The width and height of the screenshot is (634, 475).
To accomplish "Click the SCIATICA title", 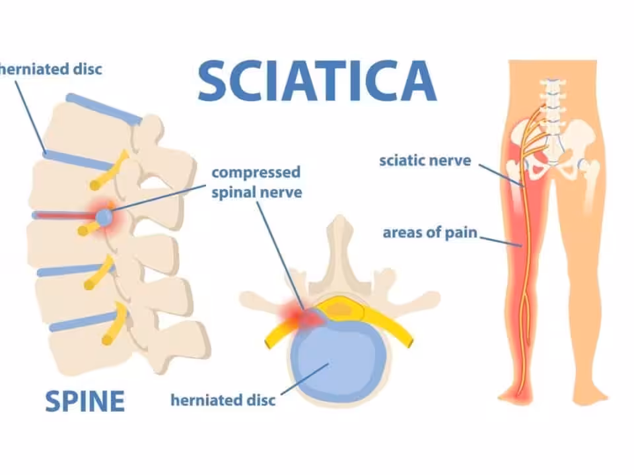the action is [x=317, y=80].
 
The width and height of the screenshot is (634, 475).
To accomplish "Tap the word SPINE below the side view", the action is [x=85, y=401].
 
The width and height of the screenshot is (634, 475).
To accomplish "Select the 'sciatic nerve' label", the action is [x=425, y=161].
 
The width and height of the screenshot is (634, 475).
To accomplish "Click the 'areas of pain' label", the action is [x=430, y=233].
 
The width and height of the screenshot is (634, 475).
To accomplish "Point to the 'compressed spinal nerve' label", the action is [x=257, y=182].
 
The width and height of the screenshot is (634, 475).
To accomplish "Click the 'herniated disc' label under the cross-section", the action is [x=223, y=400].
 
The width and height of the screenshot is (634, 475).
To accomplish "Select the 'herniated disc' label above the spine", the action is [x=51, y=69].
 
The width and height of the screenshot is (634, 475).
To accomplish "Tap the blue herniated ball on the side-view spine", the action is [x=104, y=217].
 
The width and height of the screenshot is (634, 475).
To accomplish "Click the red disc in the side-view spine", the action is [x=64, y=216].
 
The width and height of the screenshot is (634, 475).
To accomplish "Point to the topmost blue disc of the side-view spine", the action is [x=104, y=109].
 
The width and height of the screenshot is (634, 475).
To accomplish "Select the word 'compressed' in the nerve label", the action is [x=256, y=173].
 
